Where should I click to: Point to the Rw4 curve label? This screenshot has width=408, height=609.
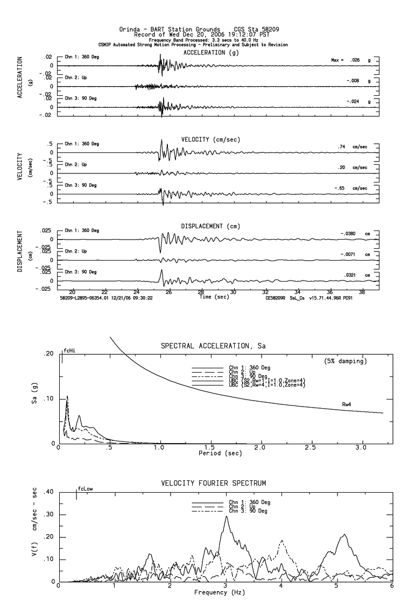(x=347, y=404)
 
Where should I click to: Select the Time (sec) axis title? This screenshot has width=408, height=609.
(x=214, y=297)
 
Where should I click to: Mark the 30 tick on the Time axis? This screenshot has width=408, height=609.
(x=233, y=291)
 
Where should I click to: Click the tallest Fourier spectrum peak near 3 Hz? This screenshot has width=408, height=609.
(x=227, y=516)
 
